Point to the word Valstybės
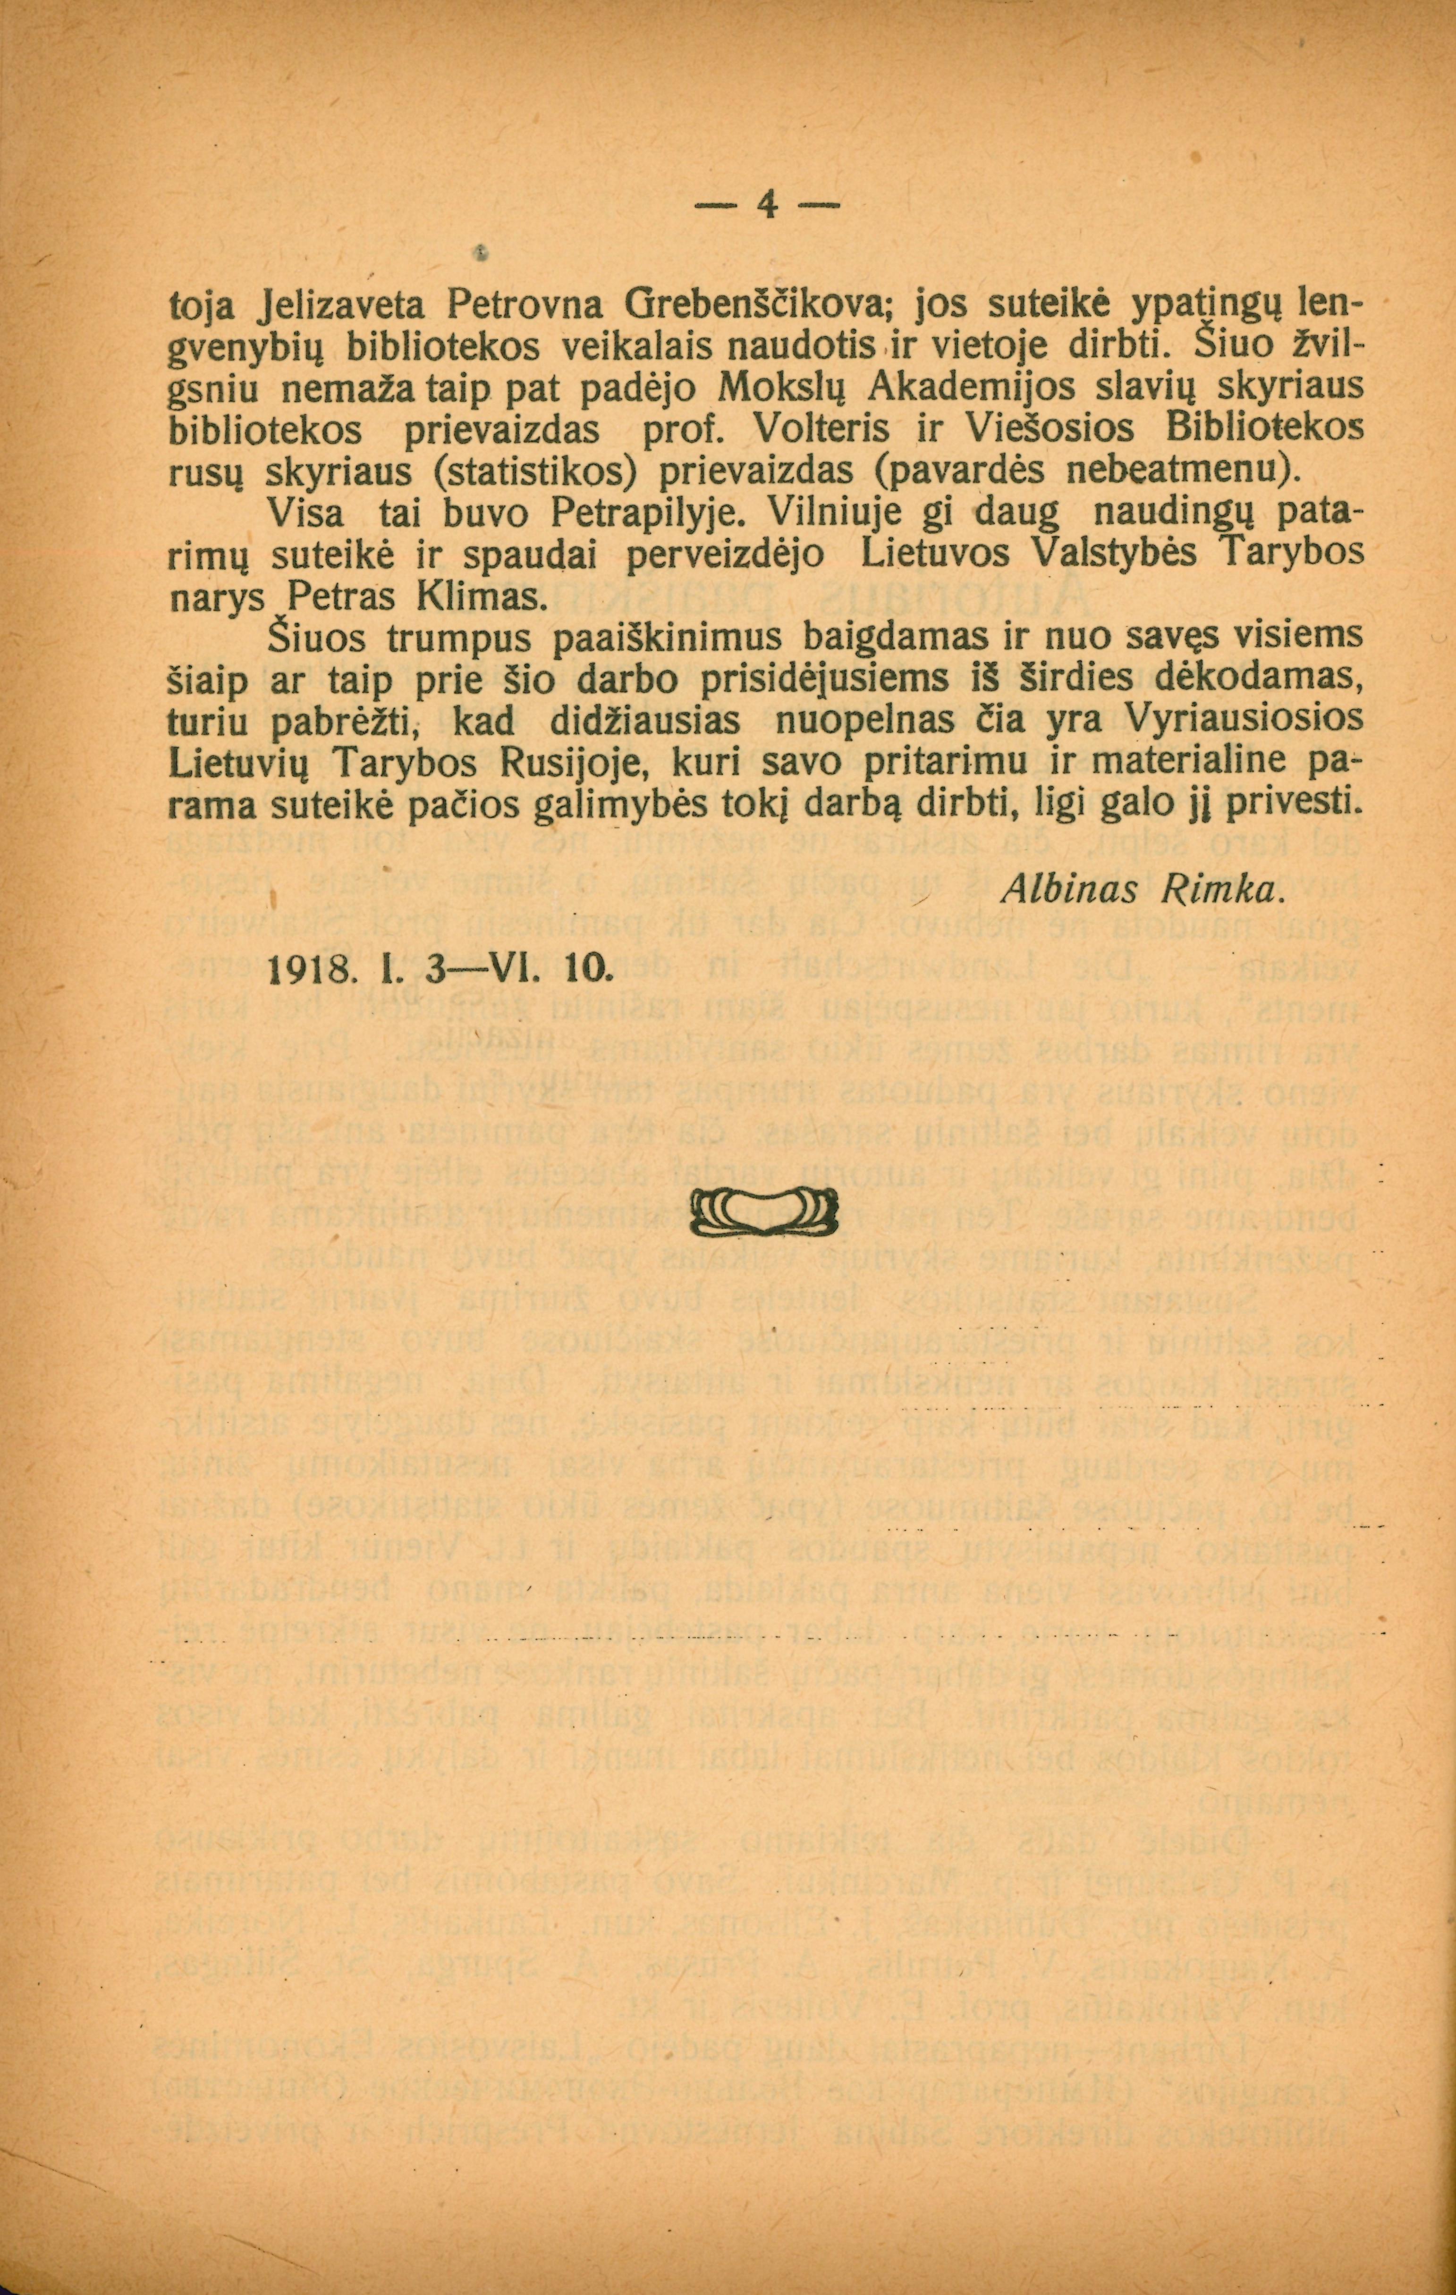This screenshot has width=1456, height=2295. pos(1075,555)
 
